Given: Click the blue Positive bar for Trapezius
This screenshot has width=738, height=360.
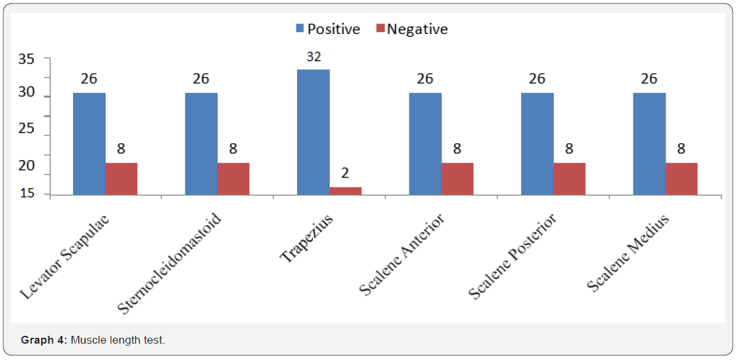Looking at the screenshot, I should pos(313,132).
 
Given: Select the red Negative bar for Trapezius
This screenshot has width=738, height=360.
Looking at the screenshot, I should pos(345,191).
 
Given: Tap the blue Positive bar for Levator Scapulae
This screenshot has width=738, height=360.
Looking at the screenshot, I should pos(89,144).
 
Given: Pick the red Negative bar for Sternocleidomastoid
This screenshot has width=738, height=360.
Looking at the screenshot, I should pos(233,178).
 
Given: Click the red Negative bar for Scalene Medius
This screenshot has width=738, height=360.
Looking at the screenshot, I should pos(681,178).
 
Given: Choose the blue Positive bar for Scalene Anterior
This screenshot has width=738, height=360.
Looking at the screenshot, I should pos(425,144).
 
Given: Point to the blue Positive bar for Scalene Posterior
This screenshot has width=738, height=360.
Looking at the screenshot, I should pos(537,144).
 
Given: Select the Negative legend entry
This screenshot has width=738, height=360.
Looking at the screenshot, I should pos(411,29).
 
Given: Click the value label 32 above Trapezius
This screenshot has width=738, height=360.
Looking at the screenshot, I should pos(313,57).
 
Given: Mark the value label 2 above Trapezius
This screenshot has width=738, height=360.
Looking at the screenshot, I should pos(345,173).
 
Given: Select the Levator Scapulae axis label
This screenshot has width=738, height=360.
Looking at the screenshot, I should pos(64,256).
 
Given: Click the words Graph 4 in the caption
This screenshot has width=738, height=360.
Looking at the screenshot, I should pos(44,340).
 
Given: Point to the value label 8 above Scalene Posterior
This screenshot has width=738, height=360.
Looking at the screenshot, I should pos(570,149).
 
